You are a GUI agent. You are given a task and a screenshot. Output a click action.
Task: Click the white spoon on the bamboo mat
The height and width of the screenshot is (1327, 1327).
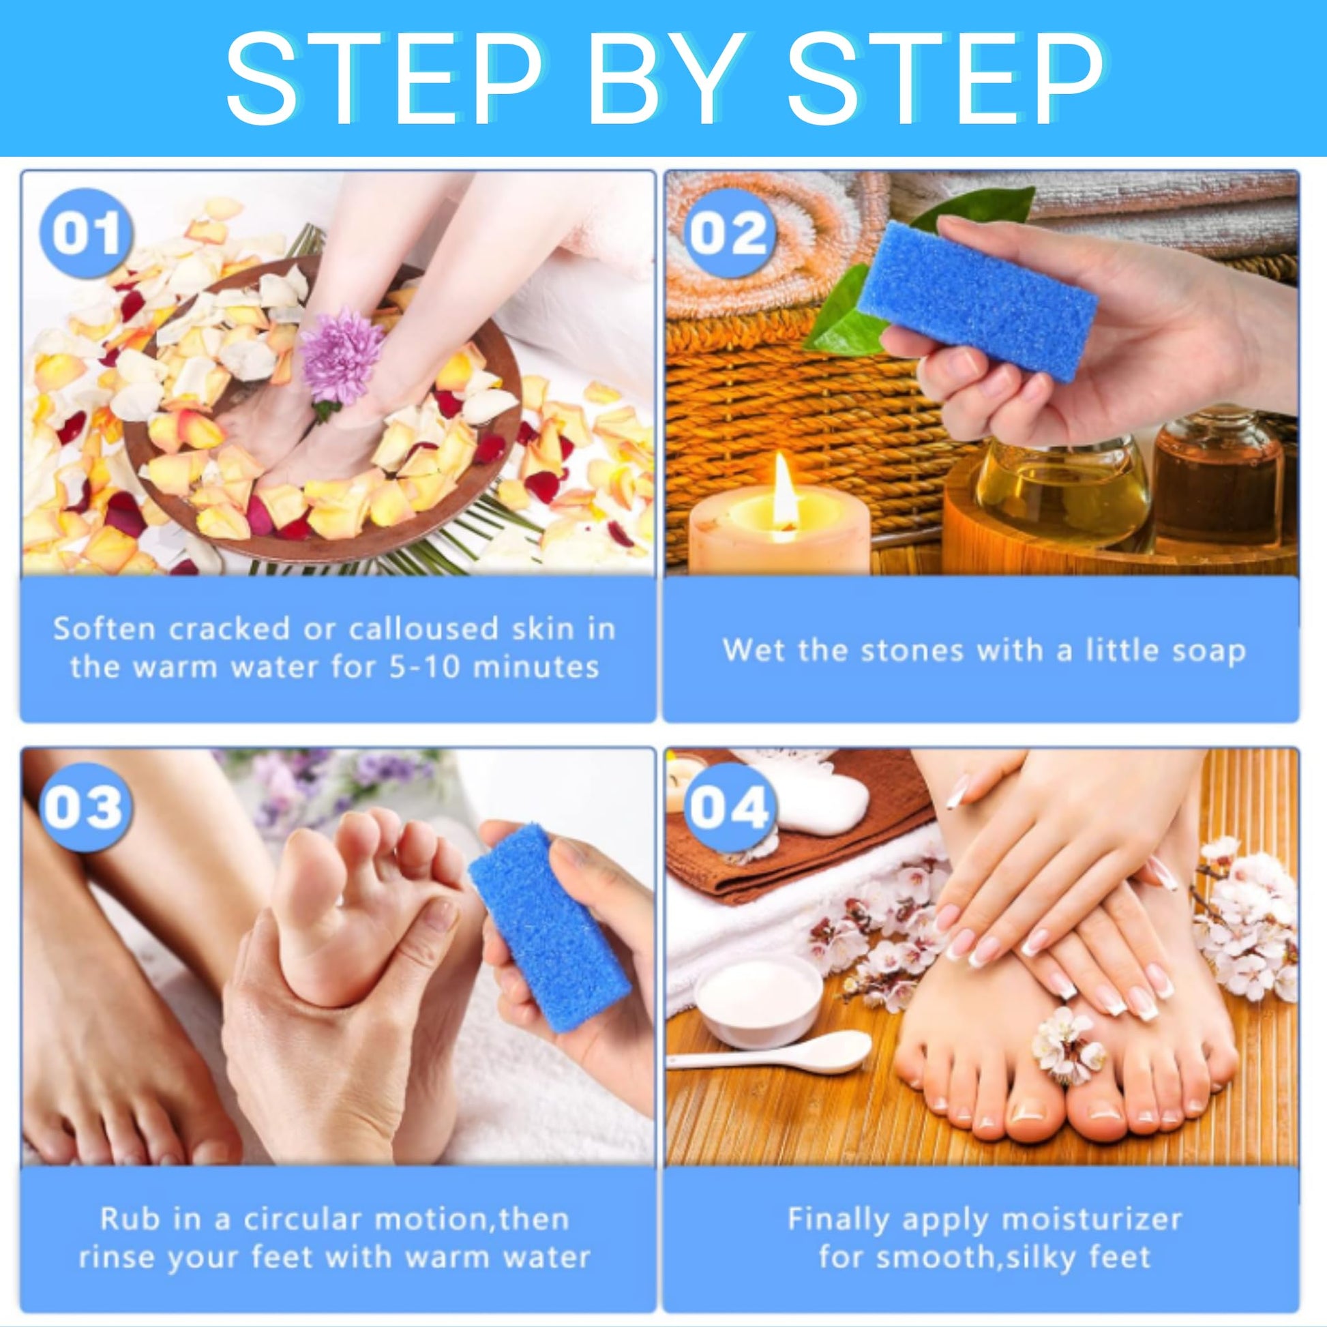[769, 1060]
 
